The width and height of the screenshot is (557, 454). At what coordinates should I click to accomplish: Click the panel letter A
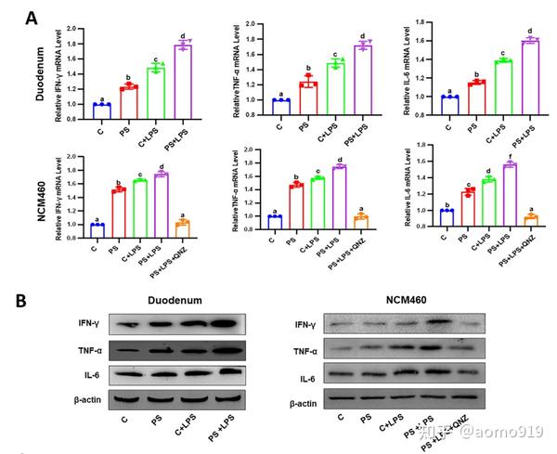(x=32, y=16)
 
